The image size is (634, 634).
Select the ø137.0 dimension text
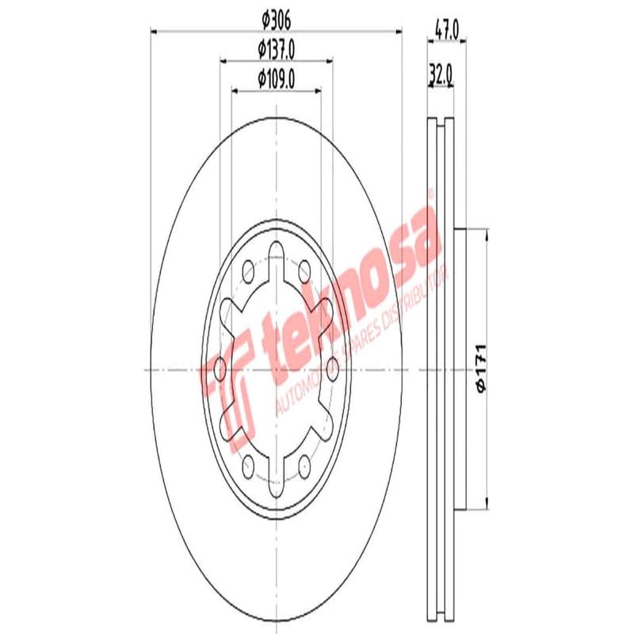[276, 50]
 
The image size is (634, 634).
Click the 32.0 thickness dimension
[441, 74]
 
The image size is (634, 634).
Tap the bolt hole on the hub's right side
[332, 366]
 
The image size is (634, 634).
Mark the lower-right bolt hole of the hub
[305, 463]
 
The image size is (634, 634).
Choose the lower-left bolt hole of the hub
[249, 463]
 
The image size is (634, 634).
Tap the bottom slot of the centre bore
[276, 475]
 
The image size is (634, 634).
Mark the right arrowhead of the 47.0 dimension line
[463, 41]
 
